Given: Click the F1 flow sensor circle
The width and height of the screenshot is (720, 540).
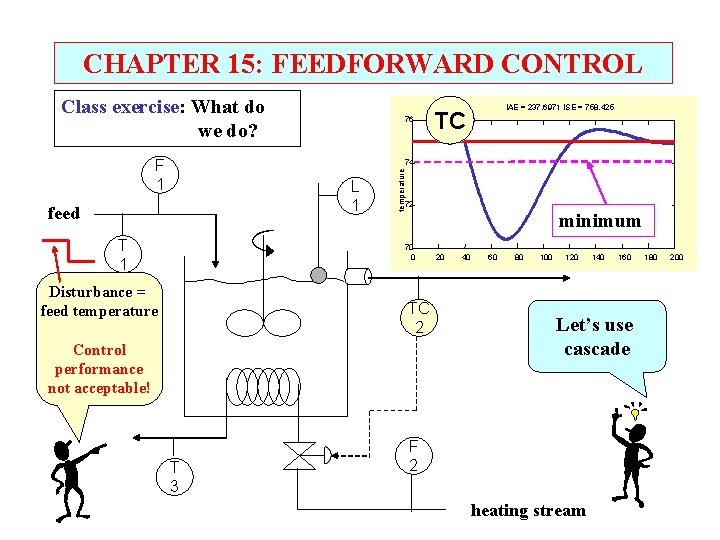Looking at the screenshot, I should click(160, 175).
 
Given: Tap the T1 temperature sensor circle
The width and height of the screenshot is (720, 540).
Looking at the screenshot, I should click(121, 254).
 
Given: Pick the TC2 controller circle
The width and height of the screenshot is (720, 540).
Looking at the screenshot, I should click(419, 317).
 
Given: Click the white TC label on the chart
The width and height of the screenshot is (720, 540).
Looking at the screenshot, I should click(450, 121).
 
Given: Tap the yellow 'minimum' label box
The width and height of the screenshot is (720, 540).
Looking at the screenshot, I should click(600, 220).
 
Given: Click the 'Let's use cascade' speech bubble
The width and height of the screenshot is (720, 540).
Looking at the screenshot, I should click(596, 337).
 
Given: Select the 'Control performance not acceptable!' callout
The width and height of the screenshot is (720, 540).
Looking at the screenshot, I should click(99, 368).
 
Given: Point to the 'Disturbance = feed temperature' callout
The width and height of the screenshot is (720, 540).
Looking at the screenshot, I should click(99, 301).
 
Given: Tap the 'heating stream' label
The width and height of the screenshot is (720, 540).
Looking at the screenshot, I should click(528, 511).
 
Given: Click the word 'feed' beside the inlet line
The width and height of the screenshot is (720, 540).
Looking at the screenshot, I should click(64, 213).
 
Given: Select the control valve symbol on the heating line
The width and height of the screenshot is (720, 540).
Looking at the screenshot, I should click(299, 456).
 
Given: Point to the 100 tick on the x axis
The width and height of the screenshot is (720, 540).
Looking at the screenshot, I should click(546, 257).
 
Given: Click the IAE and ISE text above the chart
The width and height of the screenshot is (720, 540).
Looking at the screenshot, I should click(560, 107).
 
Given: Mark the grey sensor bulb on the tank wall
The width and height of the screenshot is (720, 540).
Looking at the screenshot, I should click(319, 276).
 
